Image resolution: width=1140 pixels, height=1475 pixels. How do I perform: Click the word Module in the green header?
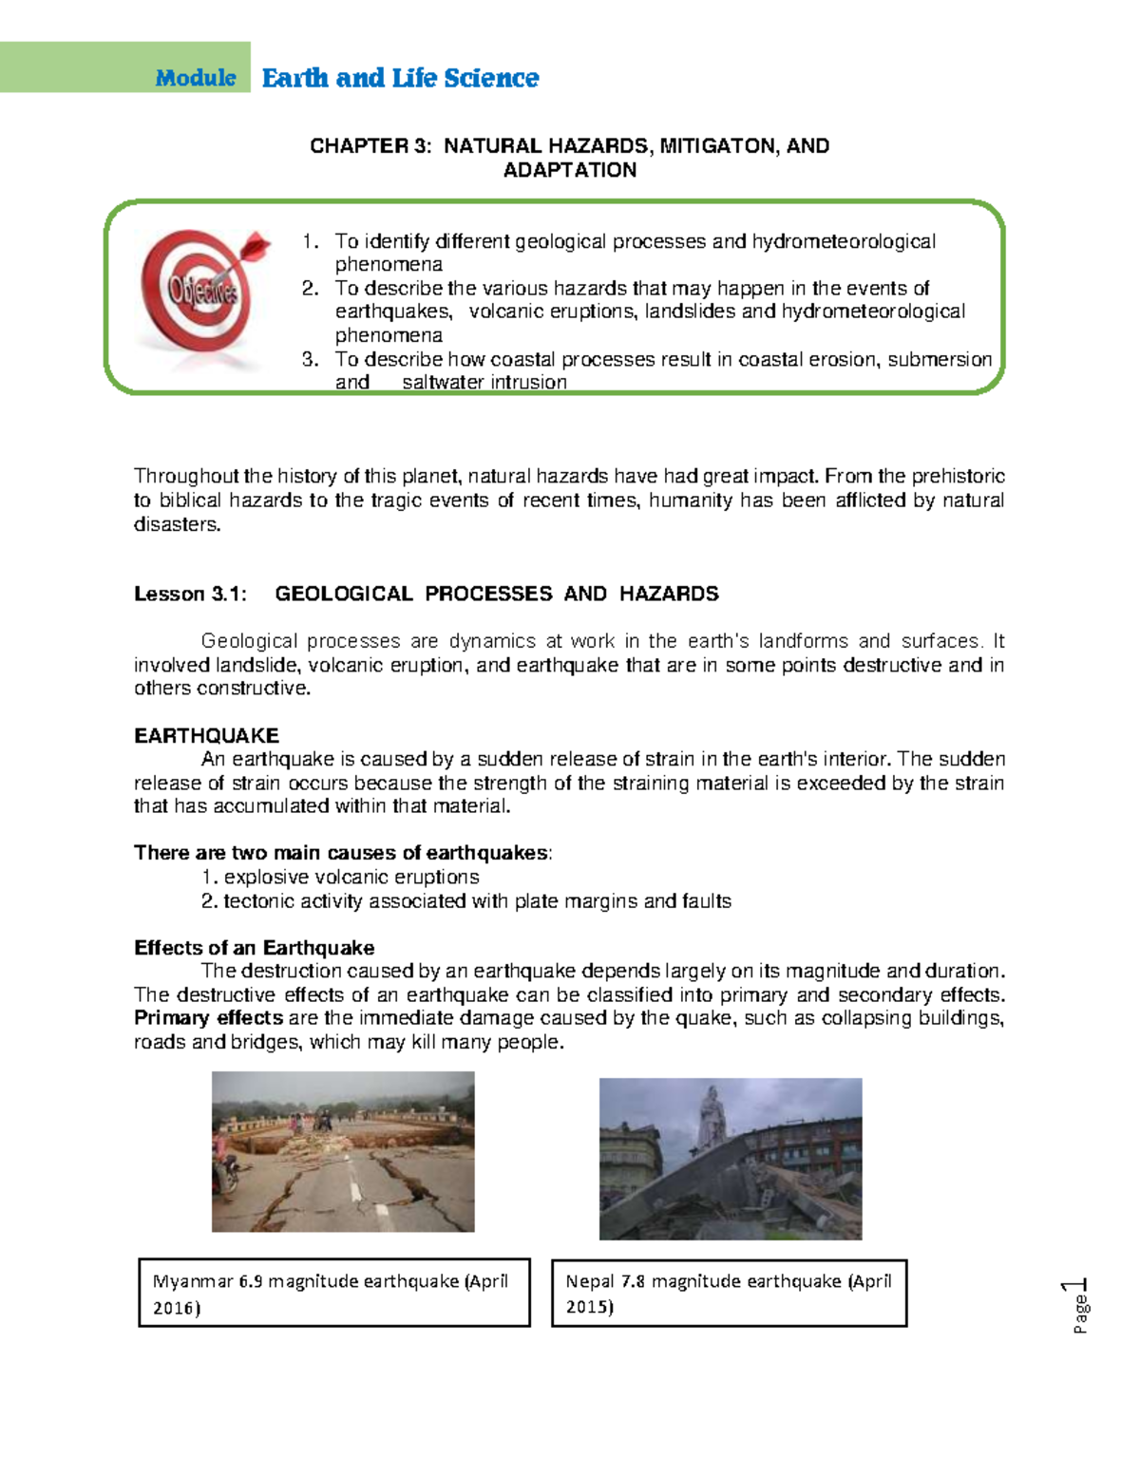pos(196,78)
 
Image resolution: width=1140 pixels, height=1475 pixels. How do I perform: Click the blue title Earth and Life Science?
pos(400,78)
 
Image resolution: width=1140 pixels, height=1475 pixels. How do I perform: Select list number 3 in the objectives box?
pos(310,359)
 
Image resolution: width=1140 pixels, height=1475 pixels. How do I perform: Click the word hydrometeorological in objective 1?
pos(844,241)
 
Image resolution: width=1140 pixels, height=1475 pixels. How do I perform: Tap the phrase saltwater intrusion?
pos(484,382)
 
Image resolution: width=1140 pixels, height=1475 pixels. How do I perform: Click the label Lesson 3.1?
pos(190,594)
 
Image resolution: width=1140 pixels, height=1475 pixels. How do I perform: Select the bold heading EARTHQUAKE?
pos(206,735)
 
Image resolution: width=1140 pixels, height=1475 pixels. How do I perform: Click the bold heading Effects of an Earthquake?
pos(254,948)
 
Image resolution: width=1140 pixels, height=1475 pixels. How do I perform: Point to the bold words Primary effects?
pos(208,1018)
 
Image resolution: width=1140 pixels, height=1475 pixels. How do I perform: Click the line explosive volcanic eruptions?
pos(351,877)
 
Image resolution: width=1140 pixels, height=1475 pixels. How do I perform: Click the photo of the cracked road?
pos(343,1151)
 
